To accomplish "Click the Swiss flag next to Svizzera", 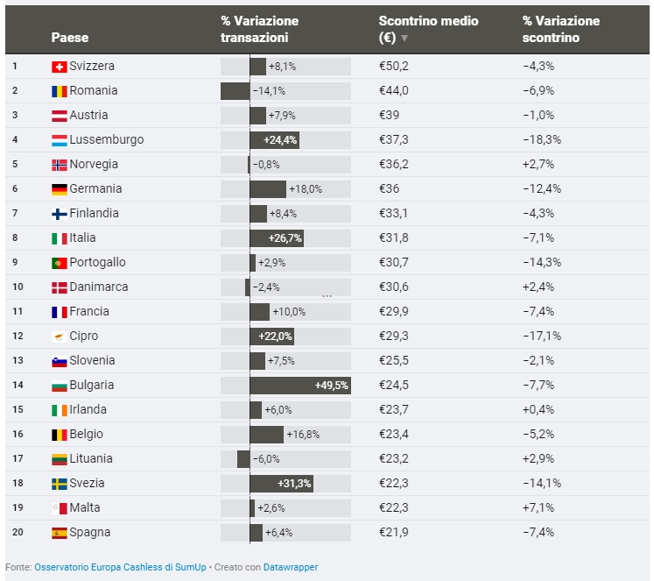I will click(x=60, y=67).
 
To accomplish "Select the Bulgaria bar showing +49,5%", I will click(x=299, y=386).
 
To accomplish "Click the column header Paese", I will click(x=70, y=38).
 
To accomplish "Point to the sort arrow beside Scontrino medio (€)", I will click(x=404, y=39).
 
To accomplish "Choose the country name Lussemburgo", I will click(x=106, y=140).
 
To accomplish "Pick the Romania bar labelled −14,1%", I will click(x=236, y=91).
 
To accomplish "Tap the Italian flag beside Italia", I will click(x=60, y=238).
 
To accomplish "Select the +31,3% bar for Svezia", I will click(x=281, y=484).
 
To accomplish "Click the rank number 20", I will click(x=16, y=533).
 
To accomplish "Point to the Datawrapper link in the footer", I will click(x=291, y=567).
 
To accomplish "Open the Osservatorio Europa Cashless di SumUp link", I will click(x=121, y=567).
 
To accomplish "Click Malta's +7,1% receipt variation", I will click(x=538, y=508).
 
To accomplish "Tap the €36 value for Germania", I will click(x=389, y=189).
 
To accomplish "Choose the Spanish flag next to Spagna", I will click(x=60, y=533).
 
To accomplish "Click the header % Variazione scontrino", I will click(x=561, y=29).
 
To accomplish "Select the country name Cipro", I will click(x=84, y=337).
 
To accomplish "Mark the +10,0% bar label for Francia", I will click(x=289, y=312).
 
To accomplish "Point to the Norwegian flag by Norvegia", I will click(x=60, y=165).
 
